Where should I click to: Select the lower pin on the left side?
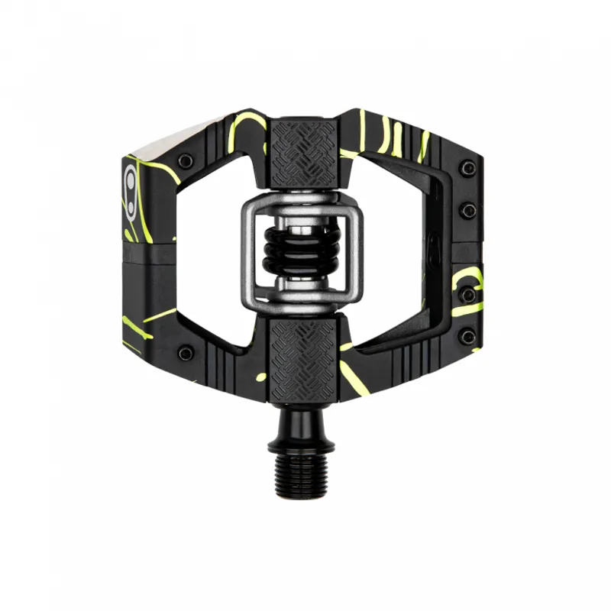185,353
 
